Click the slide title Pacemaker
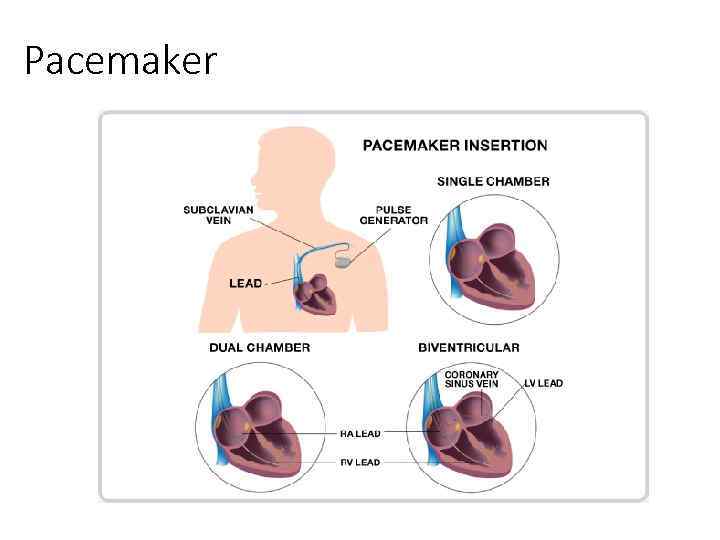[x=119, y=61]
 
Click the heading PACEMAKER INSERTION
[x=455, y=145]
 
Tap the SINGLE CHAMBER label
[x=493, y=181]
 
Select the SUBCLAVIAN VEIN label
[x=217, y=215]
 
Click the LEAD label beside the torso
[x=245, y=283]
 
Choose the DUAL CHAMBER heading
[x=259, y=347]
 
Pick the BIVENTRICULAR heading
[x=469, y=347]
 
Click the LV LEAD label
[x=543, y=383]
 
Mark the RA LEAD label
[x=360, y=433]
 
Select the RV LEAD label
[x=360, y=463]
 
